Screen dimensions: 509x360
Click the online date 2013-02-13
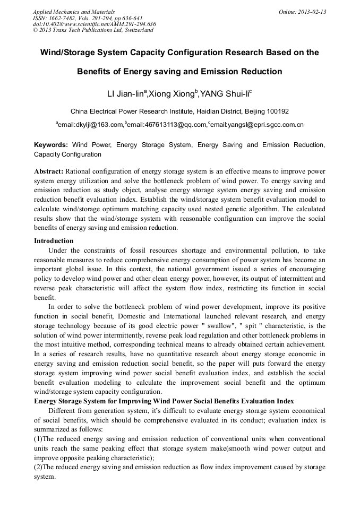pyautogui.click(x=312, y=12)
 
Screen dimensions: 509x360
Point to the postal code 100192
pyautogui.click(x=275, y=111)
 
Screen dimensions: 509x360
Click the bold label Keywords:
pyautogui.click(x=51, y=145)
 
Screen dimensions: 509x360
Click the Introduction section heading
pyautogui.click(x=54, y=241)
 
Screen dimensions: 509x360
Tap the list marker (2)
pyautogui.click(x=39, y=467)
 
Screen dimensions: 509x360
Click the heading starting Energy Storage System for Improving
pyautogui.click(x=164, y=400)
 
